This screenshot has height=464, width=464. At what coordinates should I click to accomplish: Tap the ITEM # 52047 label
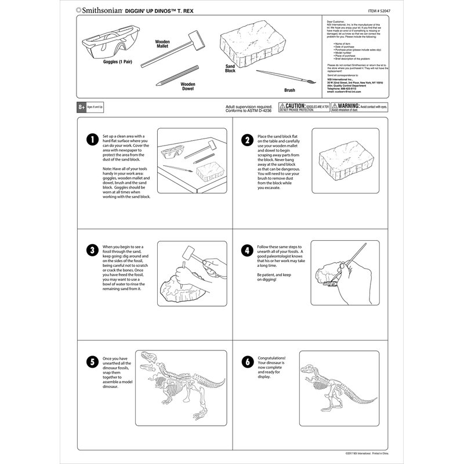pos(382,10)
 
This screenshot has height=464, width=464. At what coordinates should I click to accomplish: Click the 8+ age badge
pos(82,107)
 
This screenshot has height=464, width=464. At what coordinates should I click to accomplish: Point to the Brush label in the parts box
pos(289,90)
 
